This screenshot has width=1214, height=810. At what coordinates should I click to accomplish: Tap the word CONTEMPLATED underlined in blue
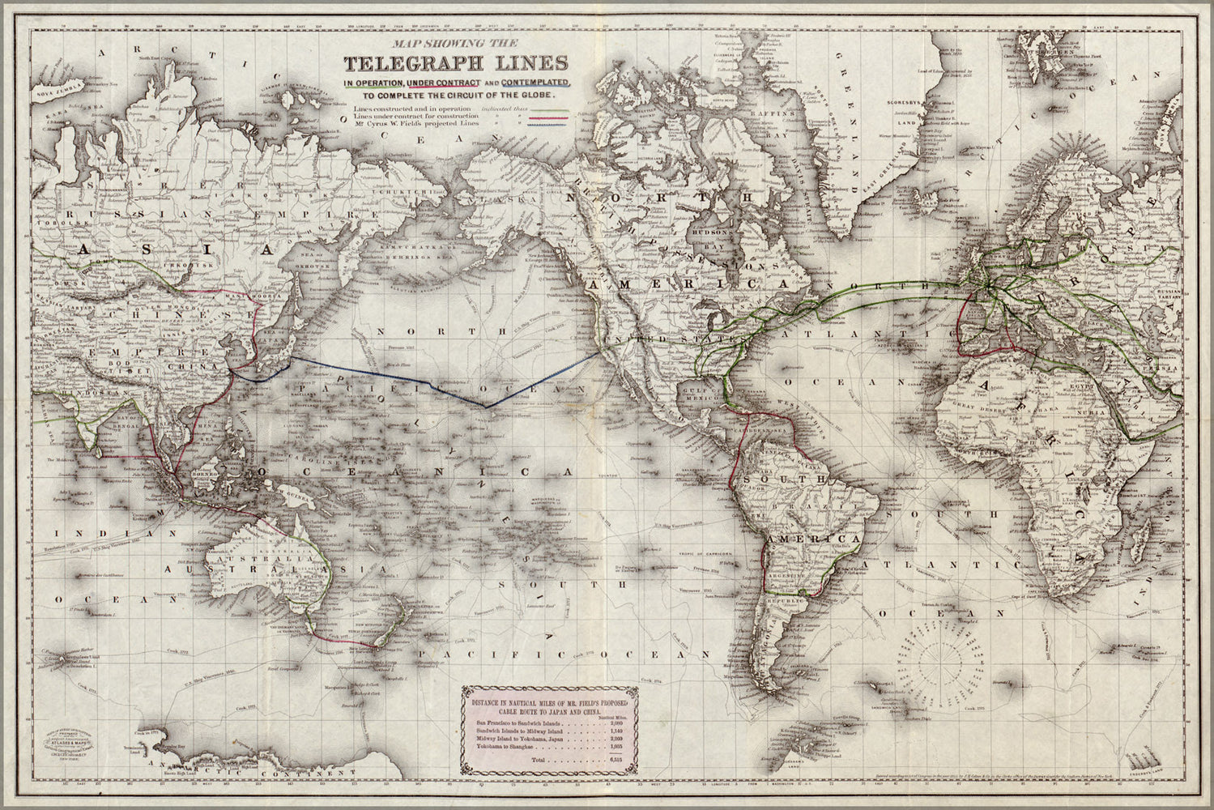[x=537, y=83]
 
